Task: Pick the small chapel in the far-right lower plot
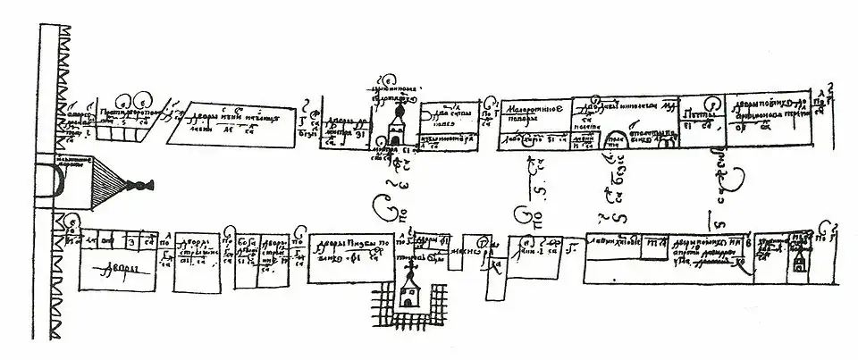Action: click(x=796, y=260)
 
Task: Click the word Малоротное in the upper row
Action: click(x=533, y=107)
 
